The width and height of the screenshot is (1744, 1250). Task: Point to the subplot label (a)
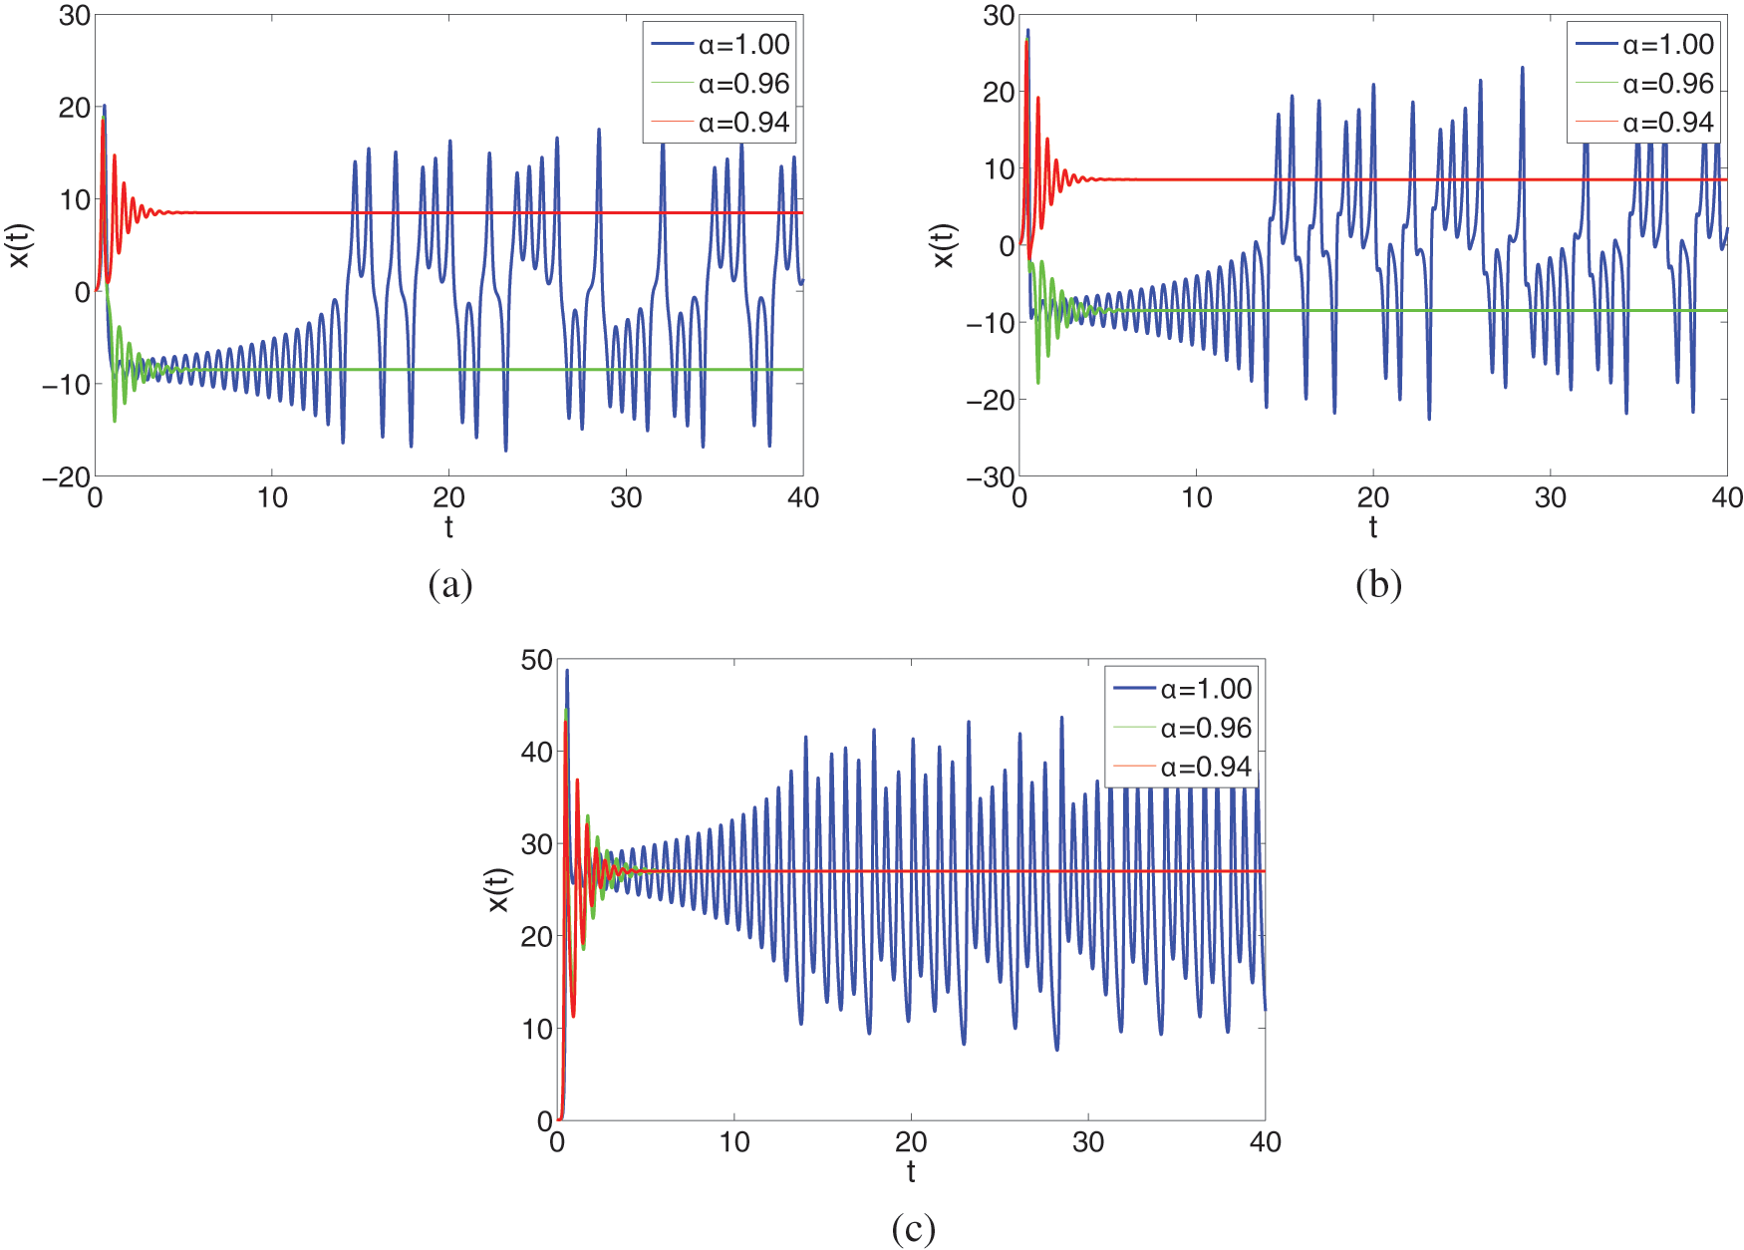click(449, 584)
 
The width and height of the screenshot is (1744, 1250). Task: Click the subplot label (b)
click(1378, 584)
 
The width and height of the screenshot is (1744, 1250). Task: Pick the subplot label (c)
click(913, 1228)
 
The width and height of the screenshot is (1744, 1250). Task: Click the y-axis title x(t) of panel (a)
click(21, 245)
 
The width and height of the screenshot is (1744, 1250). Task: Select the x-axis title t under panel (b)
click(1373, 528)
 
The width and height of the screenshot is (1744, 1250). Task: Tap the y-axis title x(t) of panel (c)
click(497, 890)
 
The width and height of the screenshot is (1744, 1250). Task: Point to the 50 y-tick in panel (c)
click(536, 660)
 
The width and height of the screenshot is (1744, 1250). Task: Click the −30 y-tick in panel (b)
click(990, 478)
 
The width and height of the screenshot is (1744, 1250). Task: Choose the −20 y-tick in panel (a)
click(66, 478)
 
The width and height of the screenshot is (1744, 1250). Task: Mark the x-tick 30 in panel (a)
click(626, 498)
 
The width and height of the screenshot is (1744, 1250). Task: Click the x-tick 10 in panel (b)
click(1196, 498)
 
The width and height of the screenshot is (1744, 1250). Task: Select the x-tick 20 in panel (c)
click(911, 1142)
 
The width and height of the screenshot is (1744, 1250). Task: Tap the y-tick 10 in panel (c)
click(536, 1030)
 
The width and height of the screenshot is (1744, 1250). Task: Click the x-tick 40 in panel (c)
click(1265, 1142)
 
